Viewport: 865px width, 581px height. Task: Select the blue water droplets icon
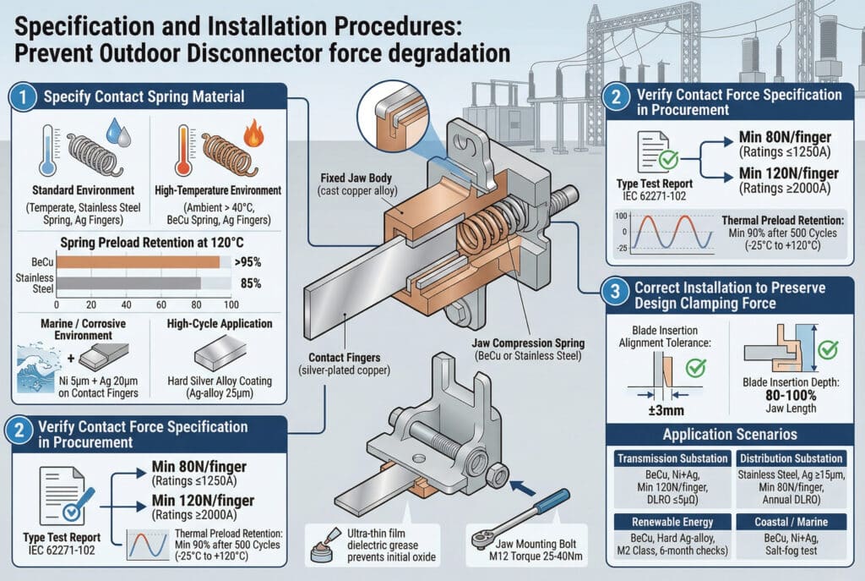[117, 132]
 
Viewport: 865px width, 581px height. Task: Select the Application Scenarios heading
[730, 435]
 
